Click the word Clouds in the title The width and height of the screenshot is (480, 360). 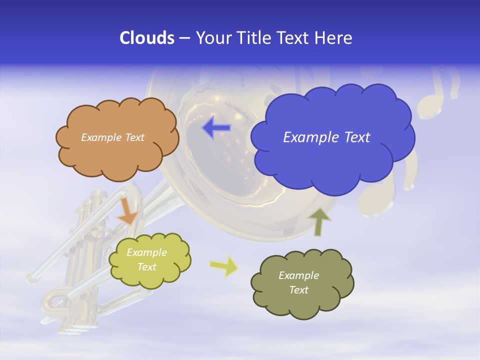point(146,38)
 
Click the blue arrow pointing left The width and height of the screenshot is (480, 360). point(216,127)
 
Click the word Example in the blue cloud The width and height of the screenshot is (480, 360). point(307,137)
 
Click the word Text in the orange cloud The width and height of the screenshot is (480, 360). point(134,137)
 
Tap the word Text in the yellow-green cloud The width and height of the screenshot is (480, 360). point(146,267)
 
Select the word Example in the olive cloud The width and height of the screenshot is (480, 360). point(298,275)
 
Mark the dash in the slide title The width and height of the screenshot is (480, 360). point(184,38)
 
